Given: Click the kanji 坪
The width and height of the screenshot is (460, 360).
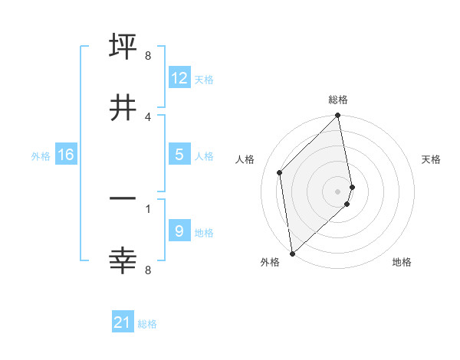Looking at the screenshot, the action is (x=123, y=45).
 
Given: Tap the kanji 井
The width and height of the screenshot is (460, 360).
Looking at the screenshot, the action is (x=123, y=106).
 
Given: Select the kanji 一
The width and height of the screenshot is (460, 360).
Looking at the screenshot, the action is (x=123, y=199).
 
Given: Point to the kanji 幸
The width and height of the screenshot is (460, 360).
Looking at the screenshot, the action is (x=123, y=260).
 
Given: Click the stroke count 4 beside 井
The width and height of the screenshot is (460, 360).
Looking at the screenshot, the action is (x=148, y=116).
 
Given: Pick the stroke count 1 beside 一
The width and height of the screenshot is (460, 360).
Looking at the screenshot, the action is (x=148, y=208).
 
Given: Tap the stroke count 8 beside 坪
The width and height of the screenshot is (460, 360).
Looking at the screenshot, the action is (x=148, y=55).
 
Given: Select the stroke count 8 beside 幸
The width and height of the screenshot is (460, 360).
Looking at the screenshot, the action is (x=148, y=270).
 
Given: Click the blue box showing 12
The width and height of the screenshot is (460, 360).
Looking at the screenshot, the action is (x=179, y=77).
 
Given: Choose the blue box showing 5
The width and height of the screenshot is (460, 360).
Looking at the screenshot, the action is (x=179, y=155).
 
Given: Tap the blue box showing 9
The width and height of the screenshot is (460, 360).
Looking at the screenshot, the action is (x=179, y=231).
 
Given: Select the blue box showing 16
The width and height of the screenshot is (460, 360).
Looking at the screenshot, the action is (x=66, y=155).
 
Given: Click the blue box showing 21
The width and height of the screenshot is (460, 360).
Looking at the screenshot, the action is (x=123, y=322).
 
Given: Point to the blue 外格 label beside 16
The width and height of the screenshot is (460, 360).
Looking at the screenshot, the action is (x=41, y=155).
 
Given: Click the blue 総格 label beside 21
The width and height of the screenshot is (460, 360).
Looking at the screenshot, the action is (x=147, y=324).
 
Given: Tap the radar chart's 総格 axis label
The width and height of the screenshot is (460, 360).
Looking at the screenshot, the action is (x=338, y=100).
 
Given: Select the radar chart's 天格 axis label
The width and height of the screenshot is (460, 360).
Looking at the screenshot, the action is (x=432, y=159).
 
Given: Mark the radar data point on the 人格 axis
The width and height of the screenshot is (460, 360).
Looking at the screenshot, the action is (x=280, y=172).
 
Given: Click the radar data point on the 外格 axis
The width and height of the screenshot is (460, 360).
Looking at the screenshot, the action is (x=292, y=253).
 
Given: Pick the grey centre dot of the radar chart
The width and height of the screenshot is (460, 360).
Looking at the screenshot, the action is (x=338, y=191).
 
